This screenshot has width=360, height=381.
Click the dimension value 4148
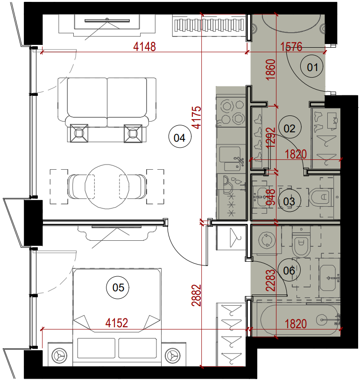pos(144,46)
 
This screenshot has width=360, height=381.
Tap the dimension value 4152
pos(117,323)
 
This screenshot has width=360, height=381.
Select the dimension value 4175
pos(197,117)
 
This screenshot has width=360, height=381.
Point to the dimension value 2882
pos(197,295)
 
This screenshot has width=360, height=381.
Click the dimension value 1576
pos(291,46)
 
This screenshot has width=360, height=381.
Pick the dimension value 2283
pos(271,280)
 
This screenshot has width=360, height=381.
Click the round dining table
pos(107,187)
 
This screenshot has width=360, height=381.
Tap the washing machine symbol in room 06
pos(267,240)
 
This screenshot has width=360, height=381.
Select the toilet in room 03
pos(320,197)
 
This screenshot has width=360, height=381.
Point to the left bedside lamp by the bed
pos(59,356)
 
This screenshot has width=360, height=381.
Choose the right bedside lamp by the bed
pos(173,356)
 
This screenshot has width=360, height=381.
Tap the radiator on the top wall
pos(209,25)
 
